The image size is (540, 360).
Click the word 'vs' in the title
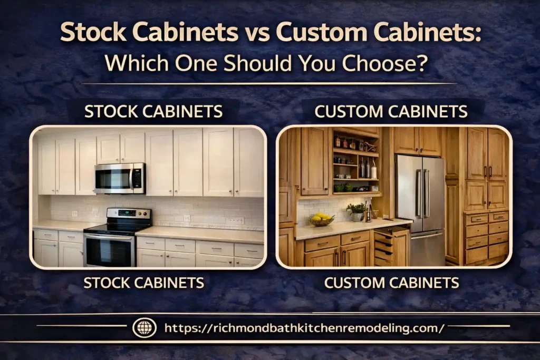coord(257,33)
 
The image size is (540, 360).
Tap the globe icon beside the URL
coord(144,328)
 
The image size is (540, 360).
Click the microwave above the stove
coord(120,178)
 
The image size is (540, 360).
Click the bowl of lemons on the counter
coord(321,219)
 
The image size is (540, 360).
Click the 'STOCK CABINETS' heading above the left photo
coord(153,112)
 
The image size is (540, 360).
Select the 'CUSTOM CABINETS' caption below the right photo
coord(391,283)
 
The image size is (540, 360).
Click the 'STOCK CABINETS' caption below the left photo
coord(144,283)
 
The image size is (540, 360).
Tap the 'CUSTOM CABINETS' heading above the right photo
coord(391,112)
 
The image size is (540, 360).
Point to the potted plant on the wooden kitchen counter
coord(357,211)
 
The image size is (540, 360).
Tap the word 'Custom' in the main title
coord(321,33)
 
